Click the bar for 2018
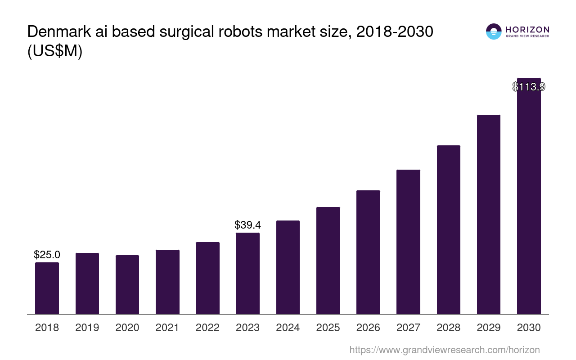(47, 288)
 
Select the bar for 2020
(127, 284)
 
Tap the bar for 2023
(247, 273)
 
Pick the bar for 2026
(368, 252)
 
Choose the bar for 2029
(489, 214)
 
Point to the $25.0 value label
(47, 255)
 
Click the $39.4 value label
(247, 225)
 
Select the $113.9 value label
(529, 87)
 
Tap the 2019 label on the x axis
(87, 328)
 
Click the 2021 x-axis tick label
(167, 328)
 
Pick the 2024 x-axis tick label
(288, 328)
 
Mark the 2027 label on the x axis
(408, 328)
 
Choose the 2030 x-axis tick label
(529, 328)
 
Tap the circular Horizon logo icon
(494, 31)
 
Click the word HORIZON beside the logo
(527, 30)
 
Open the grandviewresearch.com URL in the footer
(444, 350)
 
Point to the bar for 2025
(328, 260)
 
